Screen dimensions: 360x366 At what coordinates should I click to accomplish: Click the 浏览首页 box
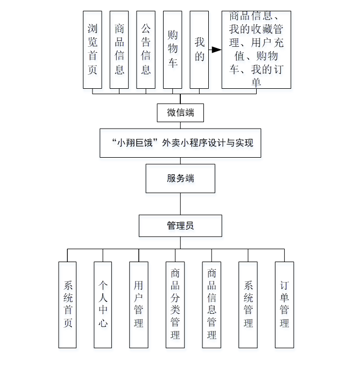click(93, 50)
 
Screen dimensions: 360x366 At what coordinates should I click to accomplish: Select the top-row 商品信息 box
click(119, 50)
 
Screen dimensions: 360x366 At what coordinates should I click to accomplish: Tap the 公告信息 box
click(146, 50)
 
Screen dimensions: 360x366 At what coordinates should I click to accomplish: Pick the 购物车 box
click(173, 50)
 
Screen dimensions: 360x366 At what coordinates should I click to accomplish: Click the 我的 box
click(200, 50)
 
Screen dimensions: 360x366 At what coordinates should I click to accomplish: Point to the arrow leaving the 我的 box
click(215, 50)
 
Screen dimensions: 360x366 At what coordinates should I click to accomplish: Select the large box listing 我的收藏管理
click(256, 50)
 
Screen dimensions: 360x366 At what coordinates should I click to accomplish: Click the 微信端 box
click(180, 113)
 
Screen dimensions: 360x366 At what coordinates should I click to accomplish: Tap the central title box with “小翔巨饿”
click(180, 143)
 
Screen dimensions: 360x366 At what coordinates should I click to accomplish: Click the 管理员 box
click(180, 226)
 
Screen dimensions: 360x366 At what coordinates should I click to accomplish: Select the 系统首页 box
click(68, 305)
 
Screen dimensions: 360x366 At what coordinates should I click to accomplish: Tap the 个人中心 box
click(103, 305)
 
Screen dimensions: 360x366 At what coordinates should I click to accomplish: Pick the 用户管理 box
click(139, 305)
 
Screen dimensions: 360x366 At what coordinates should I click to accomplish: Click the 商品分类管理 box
click(175, 305)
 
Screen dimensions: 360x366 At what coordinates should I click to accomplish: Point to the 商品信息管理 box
click(211, 305)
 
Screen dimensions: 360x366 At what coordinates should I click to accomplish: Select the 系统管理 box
click(248, 305)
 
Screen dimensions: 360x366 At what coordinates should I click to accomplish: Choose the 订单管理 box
click(284, 305)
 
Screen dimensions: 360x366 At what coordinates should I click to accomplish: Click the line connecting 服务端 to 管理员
click(180, 204)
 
